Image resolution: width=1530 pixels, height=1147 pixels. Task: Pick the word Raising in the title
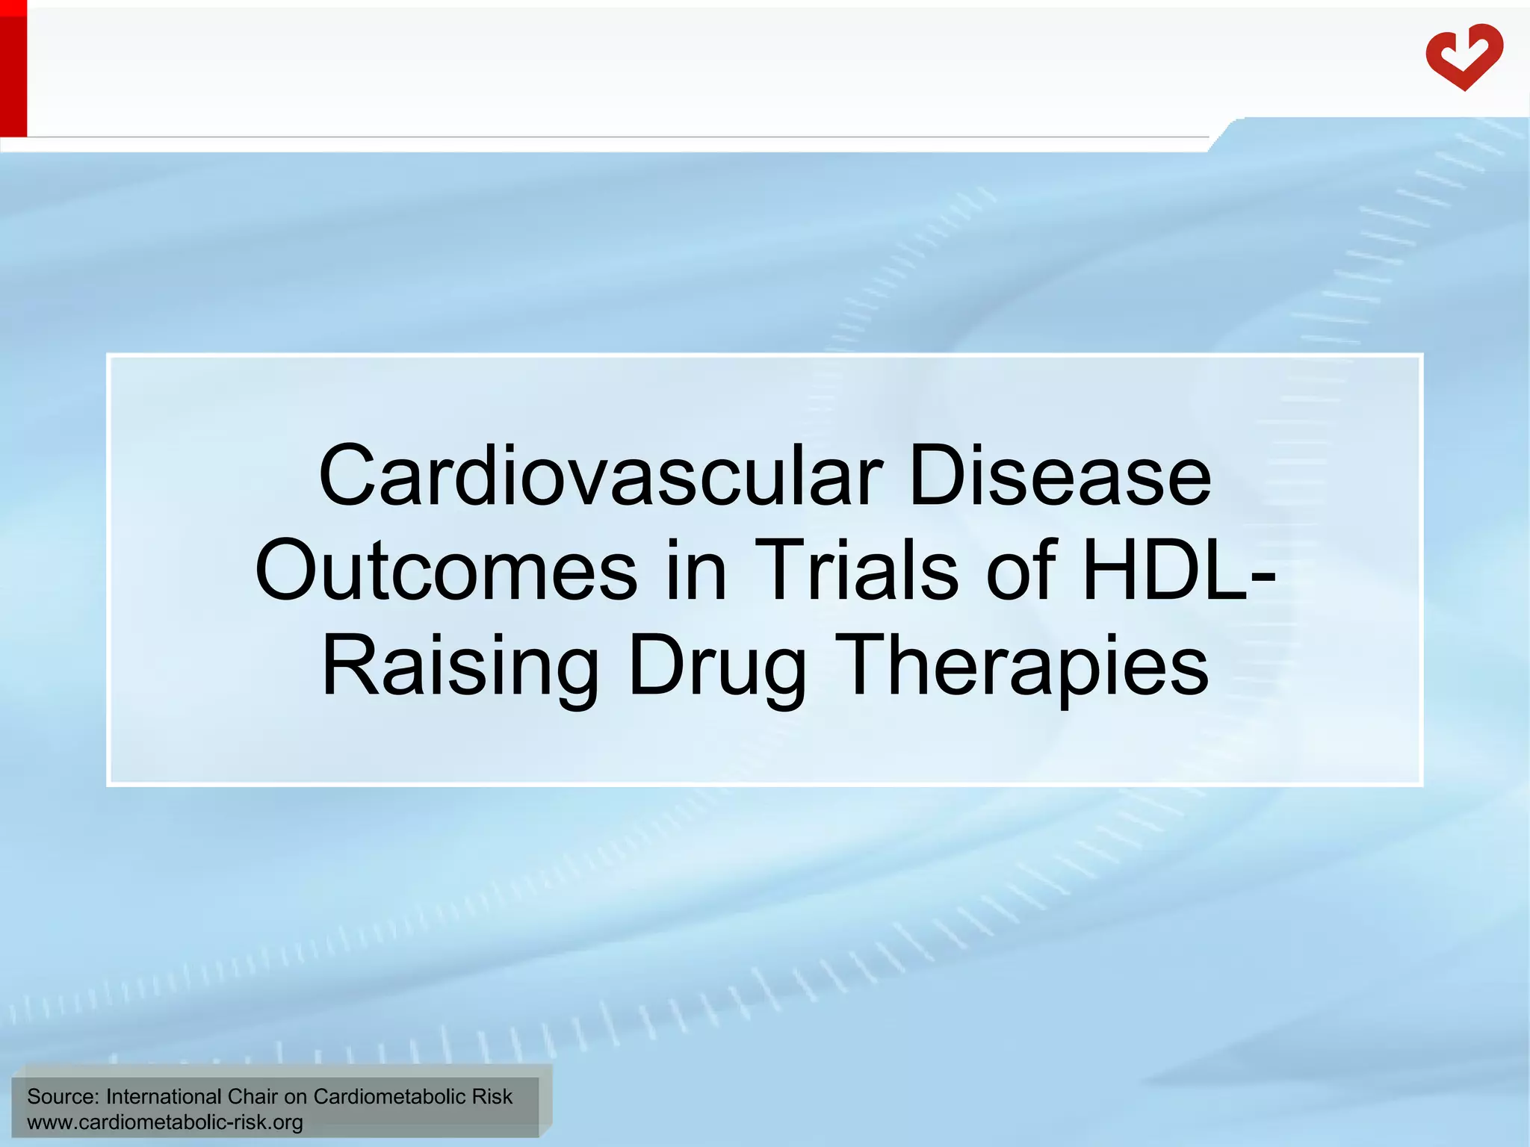click(459, 665)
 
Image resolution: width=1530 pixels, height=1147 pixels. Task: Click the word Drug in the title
click(717, 665)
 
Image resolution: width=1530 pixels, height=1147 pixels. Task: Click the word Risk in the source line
click(492, 1096)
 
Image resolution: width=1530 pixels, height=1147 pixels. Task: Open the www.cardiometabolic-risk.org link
click(164, 1122)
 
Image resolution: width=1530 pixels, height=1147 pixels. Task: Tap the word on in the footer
click(295, 1097)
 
